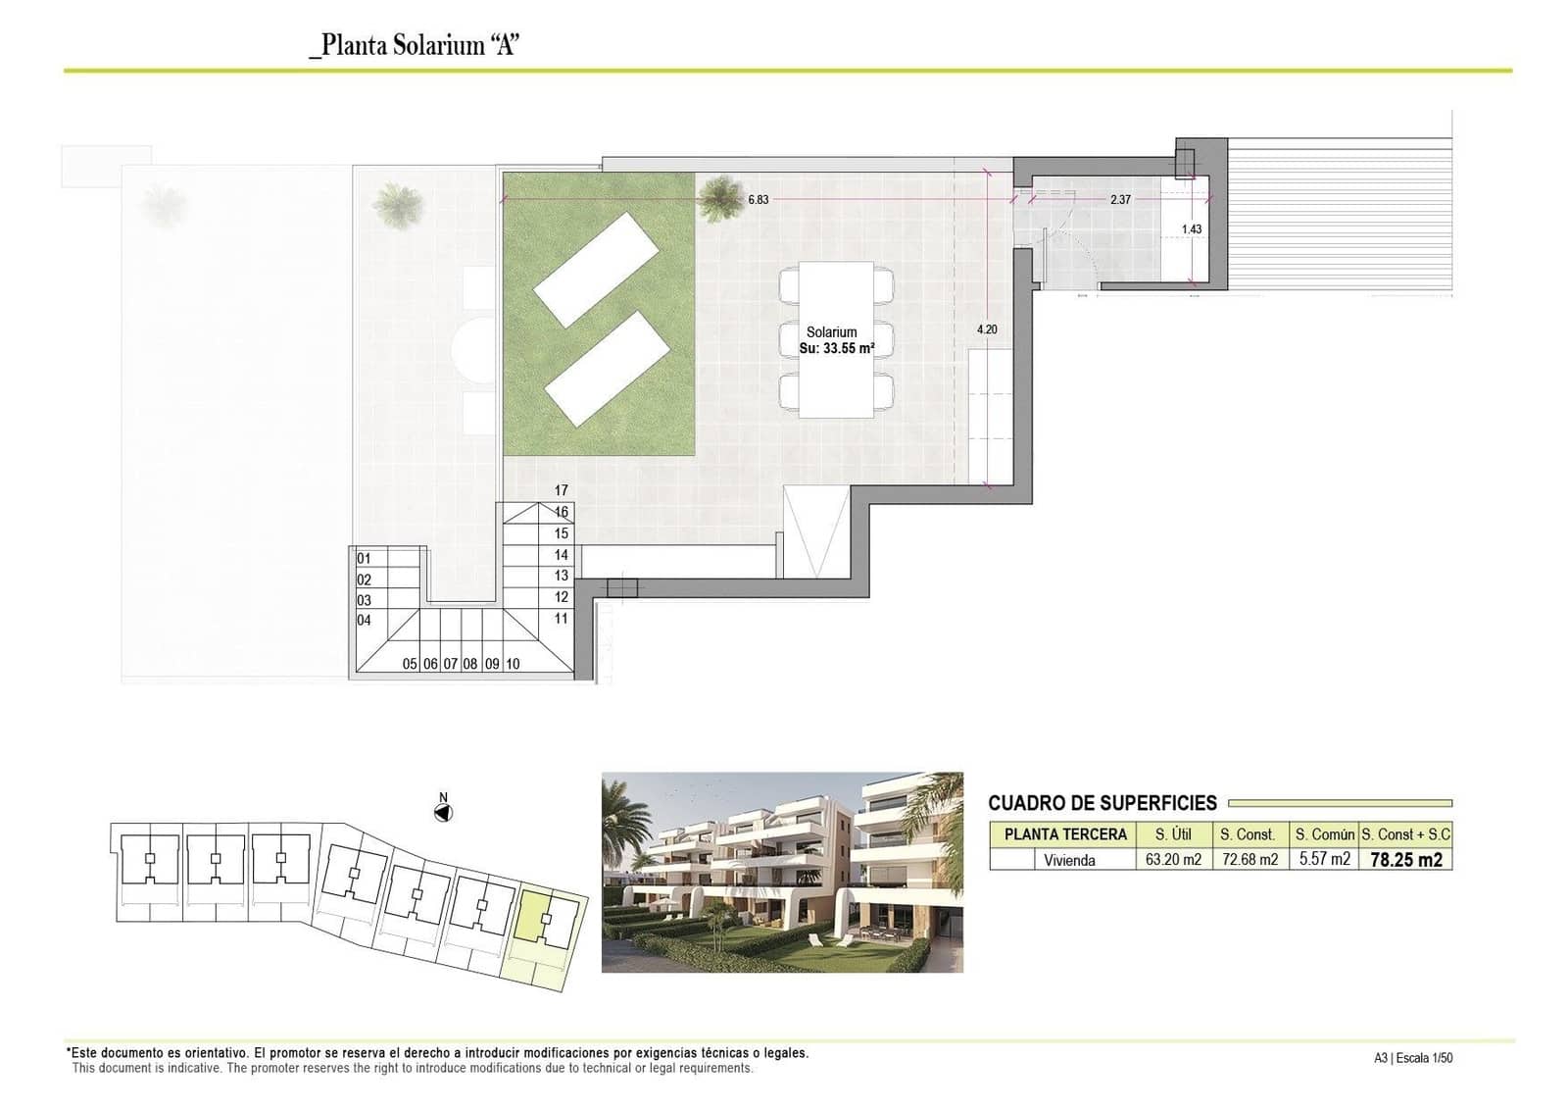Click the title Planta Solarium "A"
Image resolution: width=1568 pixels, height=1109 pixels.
point(414,45)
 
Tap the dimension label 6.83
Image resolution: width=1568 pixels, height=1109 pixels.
point(758,199)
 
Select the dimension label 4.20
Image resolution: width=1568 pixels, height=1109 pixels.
point(987,329)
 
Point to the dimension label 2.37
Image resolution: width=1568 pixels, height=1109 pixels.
point(1120,199)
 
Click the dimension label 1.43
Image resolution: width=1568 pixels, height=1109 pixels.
point(1191,229)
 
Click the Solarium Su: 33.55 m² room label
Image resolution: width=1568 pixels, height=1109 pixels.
point(835,340)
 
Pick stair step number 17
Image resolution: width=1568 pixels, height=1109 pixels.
point(561,490)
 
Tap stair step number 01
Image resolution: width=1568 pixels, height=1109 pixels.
point(364,559)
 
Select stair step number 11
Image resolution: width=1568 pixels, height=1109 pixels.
point(561,619)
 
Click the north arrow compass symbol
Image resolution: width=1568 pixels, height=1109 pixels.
point(443,812)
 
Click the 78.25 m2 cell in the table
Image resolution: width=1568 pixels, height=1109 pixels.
point(1405,860)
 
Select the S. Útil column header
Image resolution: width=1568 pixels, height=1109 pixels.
point(1173,834)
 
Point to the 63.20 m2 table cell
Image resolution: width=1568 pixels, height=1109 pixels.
point(1173,860)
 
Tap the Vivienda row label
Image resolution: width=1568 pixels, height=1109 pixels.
point(1069,860)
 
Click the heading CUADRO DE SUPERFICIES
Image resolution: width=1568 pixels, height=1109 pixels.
point(1102,803)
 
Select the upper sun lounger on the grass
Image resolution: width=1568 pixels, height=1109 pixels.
point(596,269)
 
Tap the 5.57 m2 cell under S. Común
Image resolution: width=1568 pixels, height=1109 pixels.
point(1324,860)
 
